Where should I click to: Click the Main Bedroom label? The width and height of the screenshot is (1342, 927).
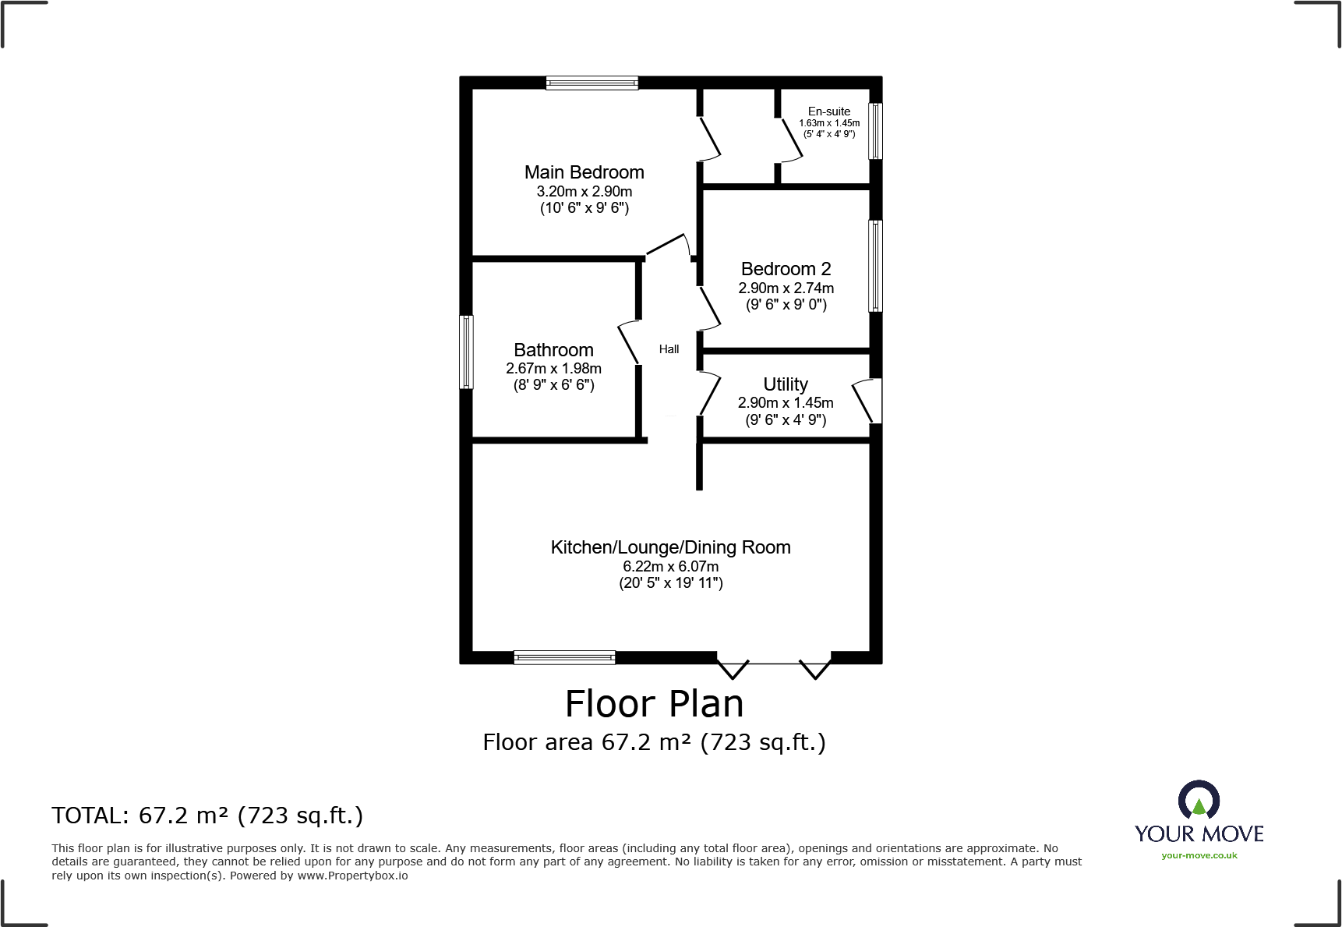click(584, 172)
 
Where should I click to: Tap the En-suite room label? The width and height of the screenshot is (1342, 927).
click(828, 111)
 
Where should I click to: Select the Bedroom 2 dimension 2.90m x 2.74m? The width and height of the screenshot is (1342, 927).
click(786, 288)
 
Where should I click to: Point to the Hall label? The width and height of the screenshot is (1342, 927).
click(669, 349)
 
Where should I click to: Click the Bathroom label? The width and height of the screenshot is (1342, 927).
click(553, 350)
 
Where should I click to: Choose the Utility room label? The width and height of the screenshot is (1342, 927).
click(785, 384)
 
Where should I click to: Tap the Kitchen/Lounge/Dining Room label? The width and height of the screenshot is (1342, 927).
click(670, 547)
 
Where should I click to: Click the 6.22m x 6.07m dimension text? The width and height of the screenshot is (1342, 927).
click(670, 567)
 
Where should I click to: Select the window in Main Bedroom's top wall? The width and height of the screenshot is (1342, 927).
click(592, 83)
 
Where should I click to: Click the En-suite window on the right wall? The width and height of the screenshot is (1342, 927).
click(875, 131)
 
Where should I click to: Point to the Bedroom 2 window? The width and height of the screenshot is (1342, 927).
click(875, 266)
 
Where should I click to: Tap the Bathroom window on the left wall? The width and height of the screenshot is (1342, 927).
click(466, 352)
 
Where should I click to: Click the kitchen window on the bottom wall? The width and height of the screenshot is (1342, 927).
click(564, 657)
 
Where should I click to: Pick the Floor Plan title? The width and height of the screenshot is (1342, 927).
click(654, 704)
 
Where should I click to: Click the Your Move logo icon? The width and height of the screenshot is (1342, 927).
click(1199, 801)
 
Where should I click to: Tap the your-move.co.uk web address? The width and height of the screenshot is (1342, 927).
click(1199, 855)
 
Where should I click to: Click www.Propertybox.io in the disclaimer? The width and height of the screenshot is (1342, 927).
click(352, 876)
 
